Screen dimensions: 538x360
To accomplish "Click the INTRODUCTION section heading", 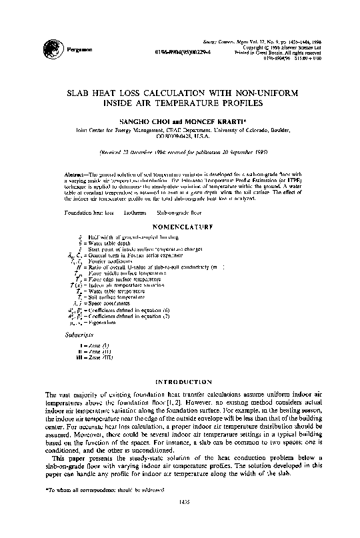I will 180,383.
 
